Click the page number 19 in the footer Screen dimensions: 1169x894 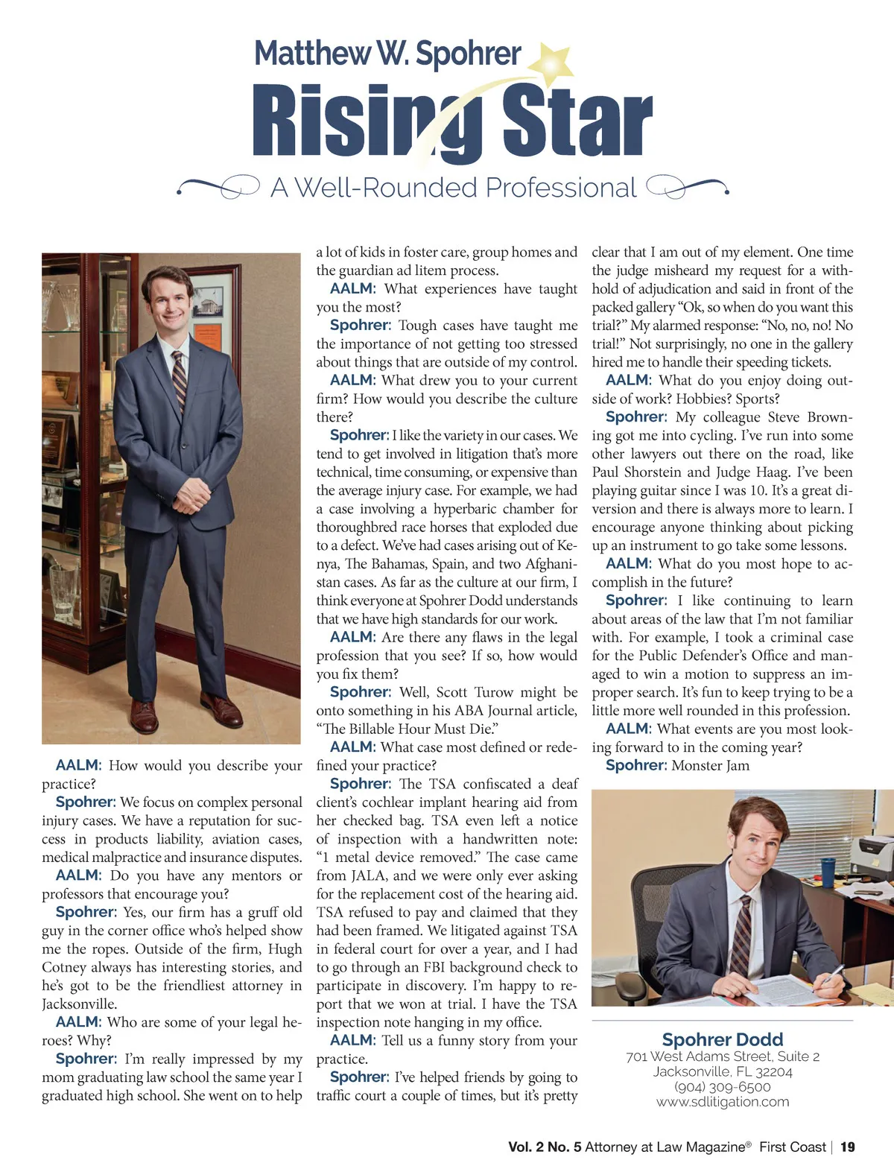(x=847, y=1147)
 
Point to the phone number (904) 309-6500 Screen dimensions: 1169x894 (x=722, y=1087)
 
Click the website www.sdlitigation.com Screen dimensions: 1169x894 (x=722, y=1102)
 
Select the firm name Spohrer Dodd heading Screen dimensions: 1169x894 (x=722, y=1039)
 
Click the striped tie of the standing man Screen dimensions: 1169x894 (x=180, y=384)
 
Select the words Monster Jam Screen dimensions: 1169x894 (x=710, y=766)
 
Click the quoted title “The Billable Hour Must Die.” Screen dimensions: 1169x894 (x=407, y=729)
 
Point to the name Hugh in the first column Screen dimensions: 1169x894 (x=285, y=949)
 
